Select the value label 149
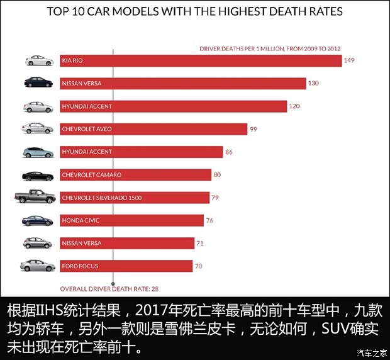pos(350,60)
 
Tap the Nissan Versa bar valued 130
pos(182,83)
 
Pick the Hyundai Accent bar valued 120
pos(173,106)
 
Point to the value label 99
pos(254,129)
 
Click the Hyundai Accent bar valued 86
pos(141,152)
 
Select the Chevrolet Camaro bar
pos(139,174)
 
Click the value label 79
pos(214,198)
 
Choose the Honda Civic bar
pos(131,220)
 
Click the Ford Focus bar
pos(126,266)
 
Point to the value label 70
pos(198,266)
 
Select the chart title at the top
pos(195,12)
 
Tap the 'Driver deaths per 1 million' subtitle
pos(270,48)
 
